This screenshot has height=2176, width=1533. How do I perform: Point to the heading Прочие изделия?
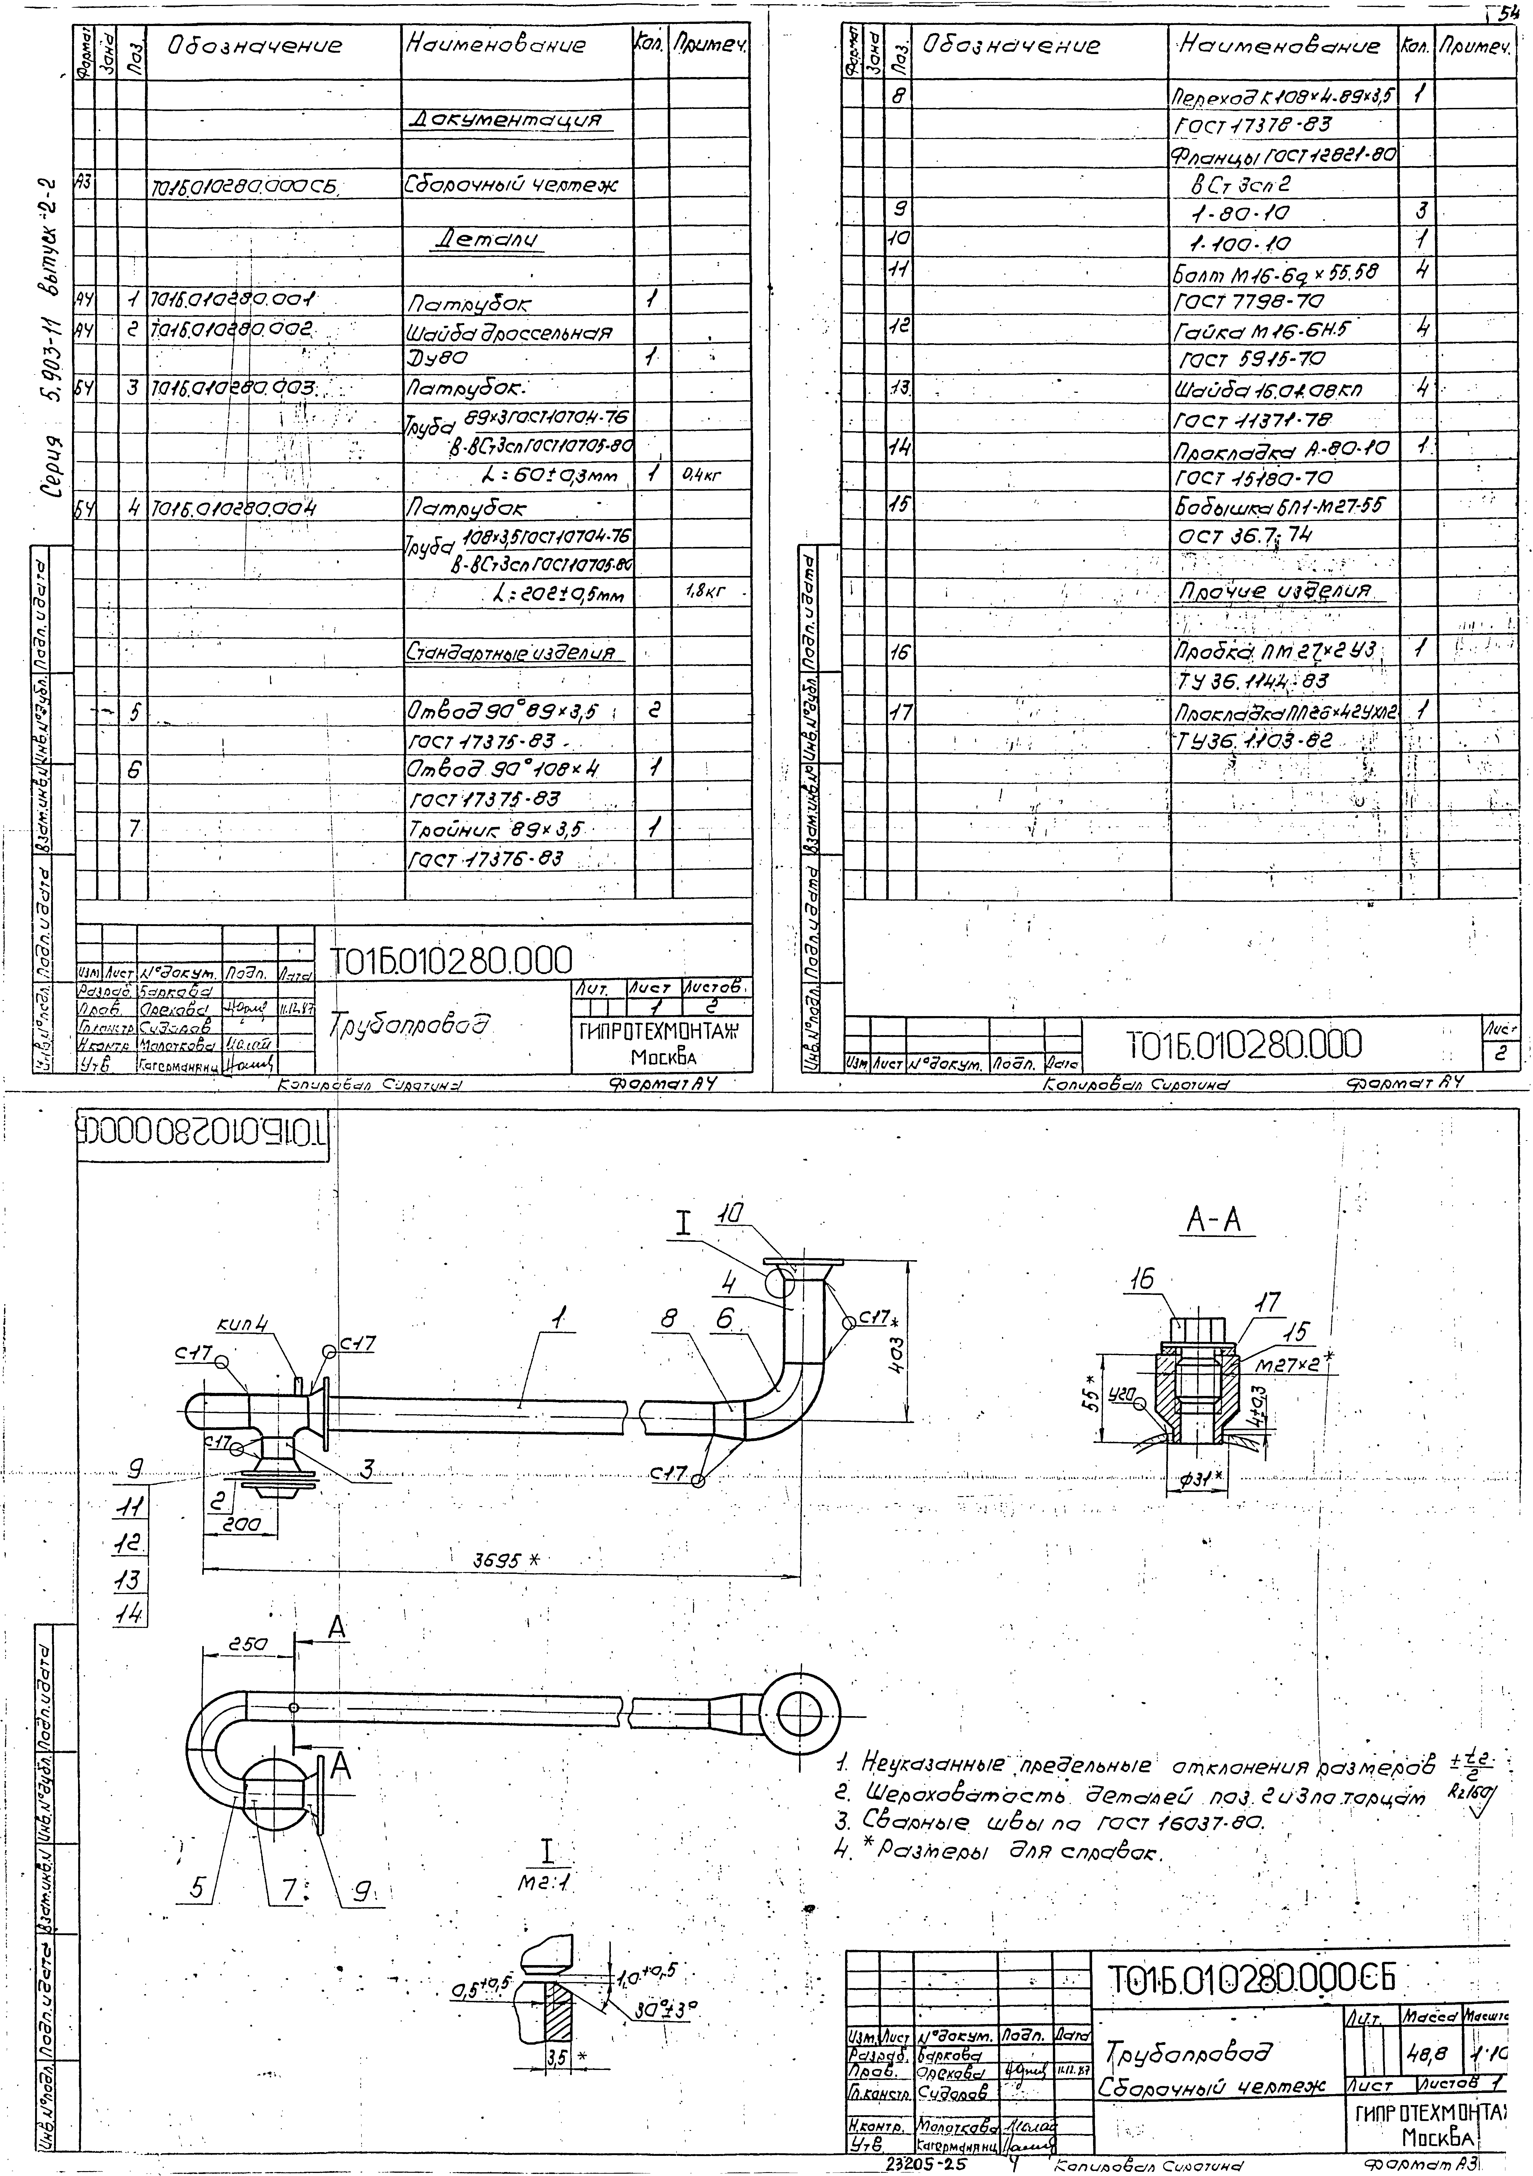[1273, 591]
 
